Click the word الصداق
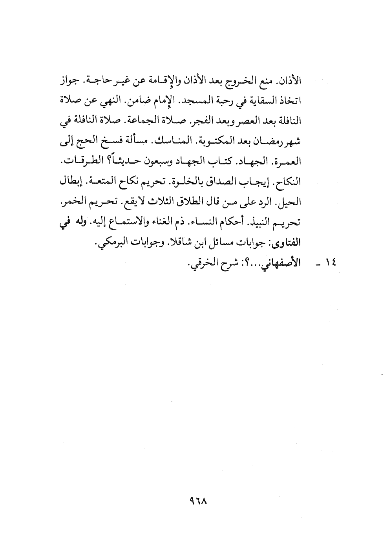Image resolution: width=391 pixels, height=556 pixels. [226, 181]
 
